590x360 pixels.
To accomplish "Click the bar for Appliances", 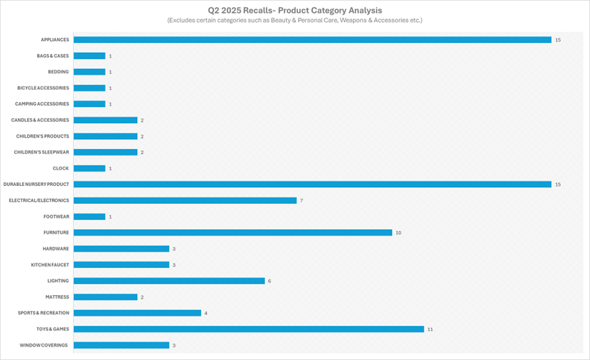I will [312, 40].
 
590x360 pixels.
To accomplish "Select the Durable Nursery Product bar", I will [312, 184].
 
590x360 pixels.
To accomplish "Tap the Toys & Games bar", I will [248, 329].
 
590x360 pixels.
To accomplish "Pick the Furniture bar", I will [232, 232].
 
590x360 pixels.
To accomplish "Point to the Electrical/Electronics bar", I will [185, 201].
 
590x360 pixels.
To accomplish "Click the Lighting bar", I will [169, 281].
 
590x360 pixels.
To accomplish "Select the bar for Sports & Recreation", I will [137, 313].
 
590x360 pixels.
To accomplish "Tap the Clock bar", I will [89, 168].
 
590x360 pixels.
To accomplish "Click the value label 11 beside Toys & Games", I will [430, 329].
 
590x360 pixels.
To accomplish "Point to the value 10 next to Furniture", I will [399, 233].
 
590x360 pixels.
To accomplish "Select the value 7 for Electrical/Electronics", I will [301, 201].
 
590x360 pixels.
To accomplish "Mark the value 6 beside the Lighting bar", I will [270, 281].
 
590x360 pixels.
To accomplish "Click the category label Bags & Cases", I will [52, 56].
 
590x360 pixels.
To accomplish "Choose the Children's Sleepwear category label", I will [41, 152].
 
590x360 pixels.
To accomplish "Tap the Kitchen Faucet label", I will [50, 265].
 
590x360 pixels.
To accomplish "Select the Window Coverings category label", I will [44, 345].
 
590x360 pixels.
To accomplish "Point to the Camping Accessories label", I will [42, 104].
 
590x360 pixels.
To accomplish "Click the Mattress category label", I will [57, 297].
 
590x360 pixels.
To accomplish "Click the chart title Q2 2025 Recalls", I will [295, 11].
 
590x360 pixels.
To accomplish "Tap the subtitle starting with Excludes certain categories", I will [295, 21].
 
